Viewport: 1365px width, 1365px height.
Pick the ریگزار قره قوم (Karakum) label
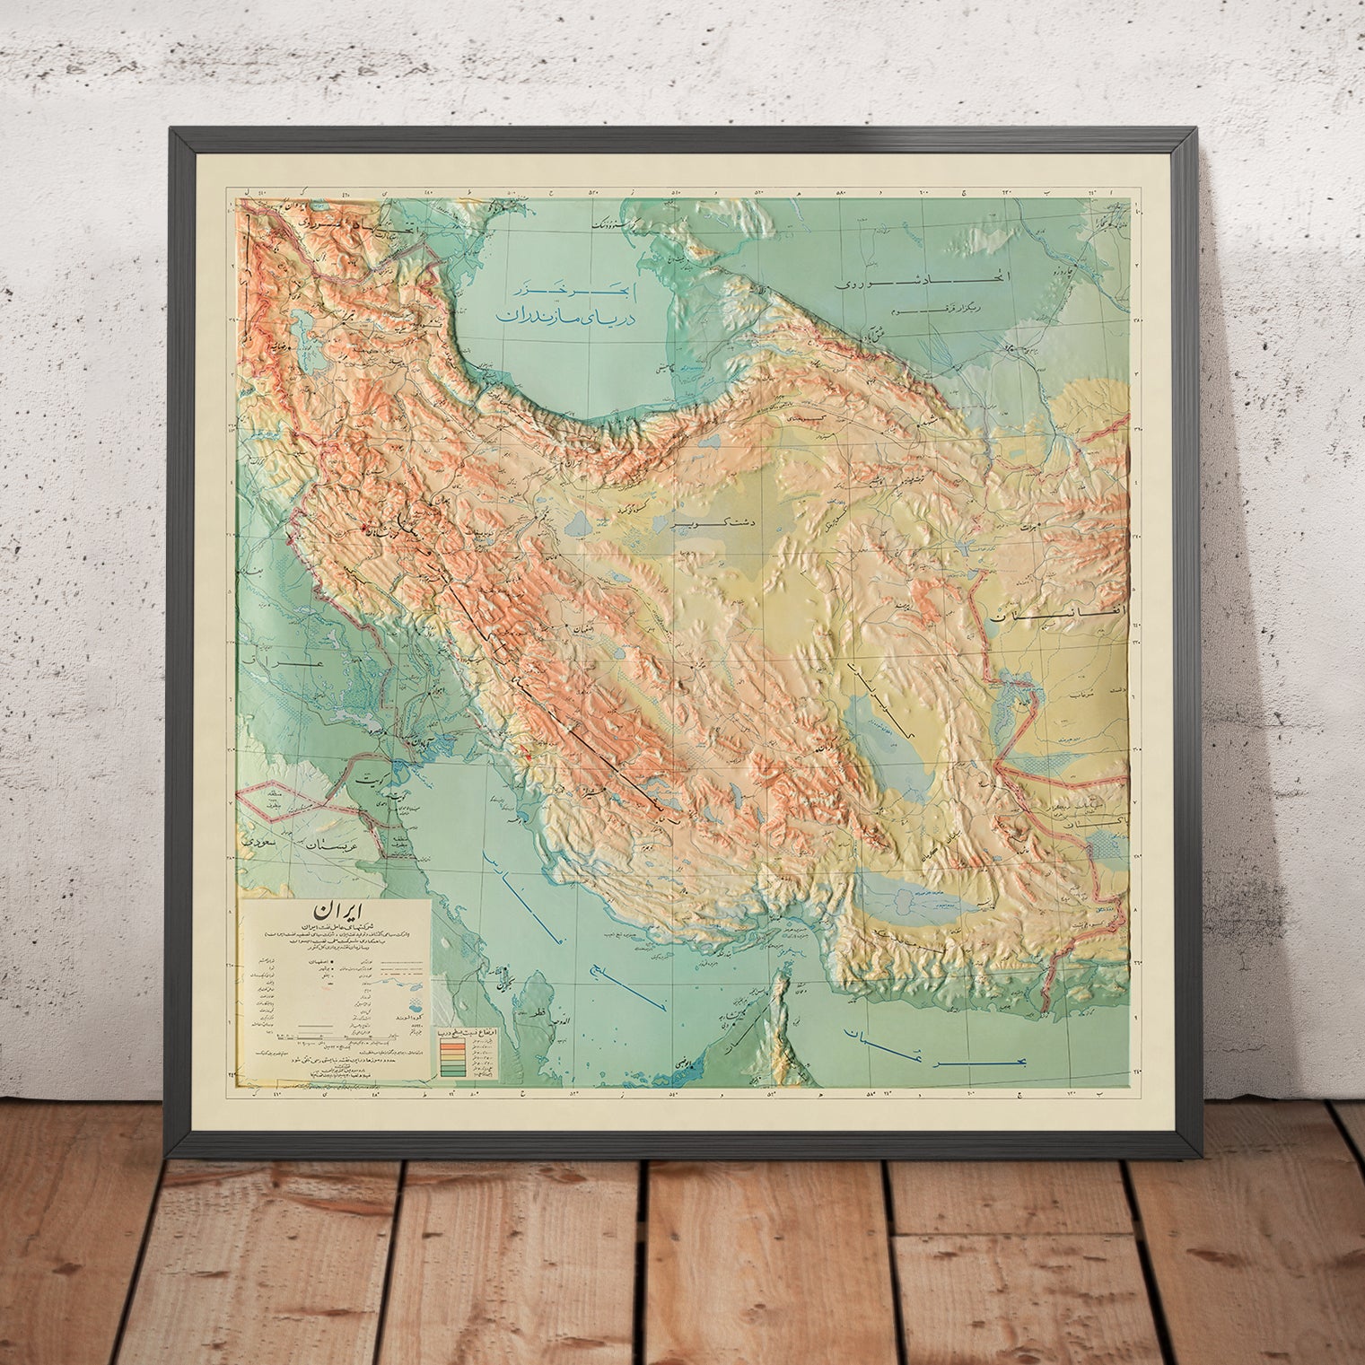click(x=915, y=310)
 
